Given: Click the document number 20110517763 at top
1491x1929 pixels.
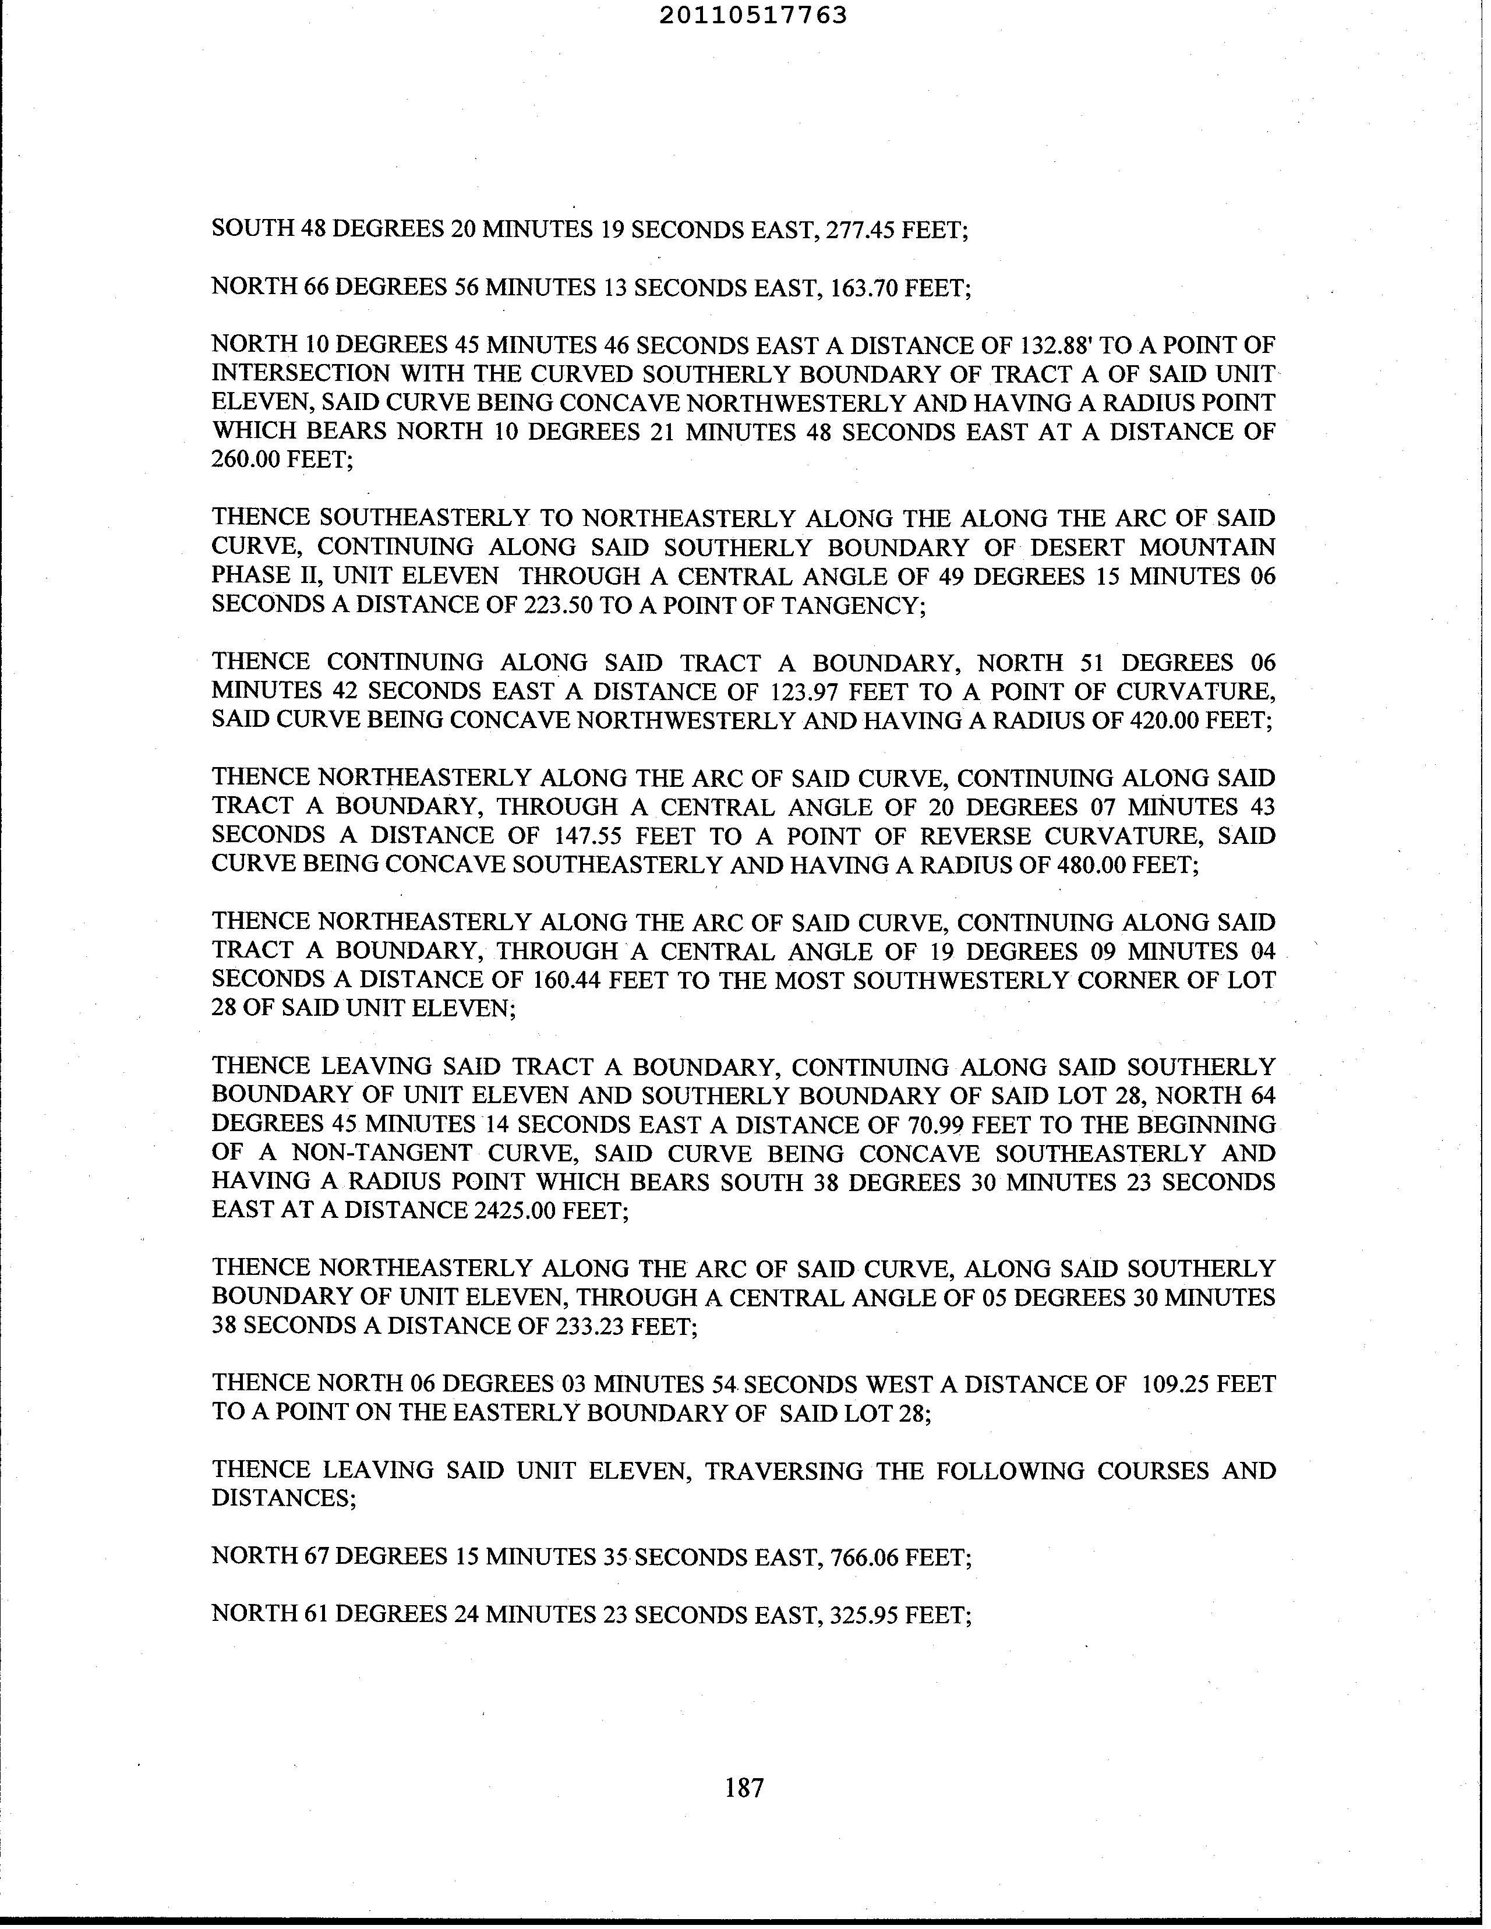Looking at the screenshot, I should [x=752, y=15].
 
